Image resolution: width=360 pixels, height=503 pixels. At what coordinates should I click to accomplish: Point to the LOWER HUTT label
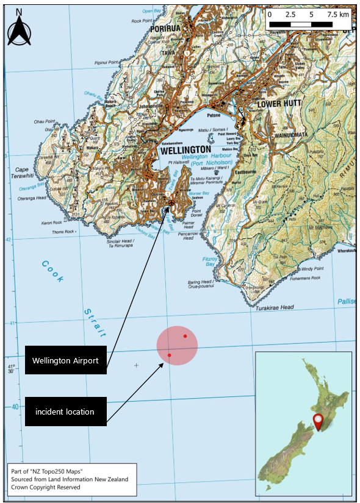pos(279,104)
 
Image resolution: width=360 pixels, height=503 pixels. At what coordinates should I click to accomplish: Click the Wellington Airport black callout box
pos(66,360)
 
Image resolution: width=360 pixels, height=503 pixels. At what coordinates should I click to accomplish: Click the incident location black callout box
pos(66,412)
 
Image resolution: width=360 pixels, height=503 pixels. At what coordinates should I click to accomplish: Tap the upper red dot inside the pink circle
pos(185,336)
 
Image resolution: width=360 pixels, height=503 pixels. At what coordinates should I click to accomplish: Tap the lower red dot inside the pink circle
pos(169,355)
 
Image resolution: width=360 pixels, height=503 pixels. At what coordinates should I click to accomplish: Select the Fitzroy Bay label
pos(210,262)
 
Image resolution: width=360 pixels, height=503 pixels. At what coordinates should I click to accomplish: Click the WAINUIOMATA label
pos(293,135)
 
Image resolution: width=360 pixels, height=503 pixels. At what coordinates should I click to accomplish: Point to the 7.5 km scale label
pos(337,13)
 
